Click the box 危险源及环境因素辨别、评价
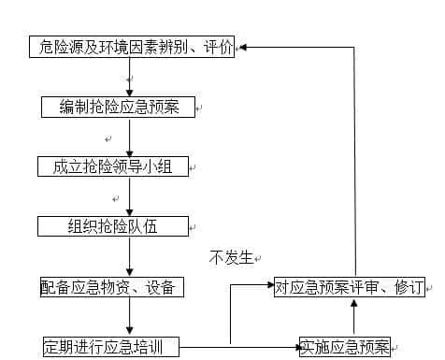click(x=131, y=47)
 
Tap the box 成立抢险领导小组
click(x=113, y=167)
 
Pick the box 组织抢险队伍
click(x=113, y=226)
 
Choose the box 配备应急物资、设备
click(x=111, y=287)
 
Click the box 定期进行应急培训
click(x=110, y=346)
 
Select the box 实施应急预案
click(x=345, y=346)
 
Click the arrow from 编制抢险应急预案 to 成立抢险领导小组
click(x=130, y=137)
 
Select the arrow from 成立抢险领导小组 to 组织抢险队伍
click(x=130, y=197)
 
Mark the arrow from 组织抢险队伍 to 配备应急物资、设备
click(x=130, y=257)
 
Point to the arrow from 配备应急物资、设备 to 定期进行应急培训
click(x=130, y=317)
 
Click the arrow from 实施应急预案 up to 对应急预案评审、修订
click(x=353, y=317)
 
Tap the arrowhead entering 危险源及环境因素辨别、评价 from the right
click(x=242, y=47)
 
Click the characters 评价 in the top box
click(x=217, y=47)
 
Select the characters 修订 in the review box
click(x=409, y=287)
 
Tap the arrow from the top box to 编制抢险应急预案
click(x=130, y=77)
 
